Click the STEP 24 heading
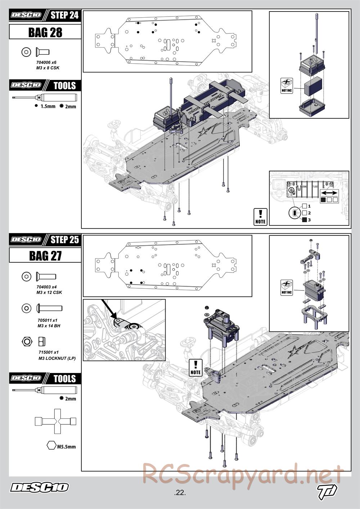[64, 15]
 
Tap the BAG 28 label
[45, 32]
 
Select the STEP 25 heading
[64, 239]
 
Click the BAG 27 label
[45, 256]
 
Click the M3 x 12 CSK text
[49, 292]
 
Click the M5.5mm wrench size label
[66, 447]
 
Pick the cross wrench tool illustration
[55, 421]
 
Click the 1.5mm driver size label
[48, 106]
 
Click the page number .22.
[179, 493]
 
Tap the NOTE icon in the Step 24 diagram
[260, 217]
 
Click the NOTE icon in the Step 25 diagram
[195, 368]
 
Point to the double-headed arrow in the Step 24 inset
[328, 193]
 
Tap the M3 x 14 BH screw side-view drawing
[49, 308]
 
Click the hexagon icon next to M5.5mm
[51, 445]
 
